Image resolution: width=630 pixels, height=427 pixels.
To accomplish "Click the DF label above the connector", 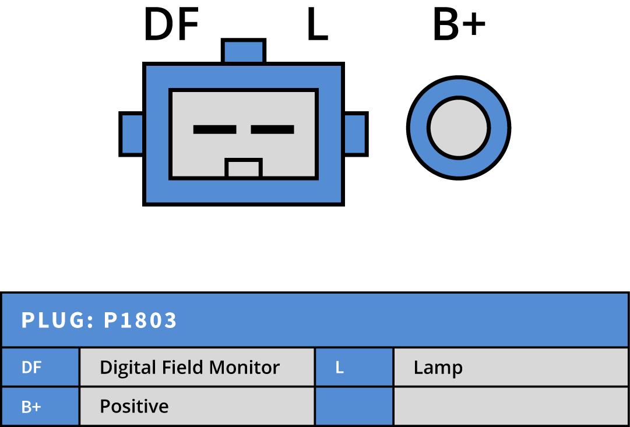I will click(x=171, y=26).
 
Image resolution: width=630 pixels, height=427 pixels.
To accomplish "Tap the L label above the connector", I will click(x=317, y=26).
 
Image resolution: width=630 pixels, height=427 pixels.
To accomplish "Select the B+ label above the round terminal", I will click(x=459, y=26).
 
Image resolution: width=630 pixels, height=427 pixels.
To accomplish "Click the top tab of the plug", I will click(x=244, y=51).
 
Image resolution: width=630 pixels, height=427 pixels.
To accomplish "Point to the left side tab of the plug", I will click(x=132, y=134).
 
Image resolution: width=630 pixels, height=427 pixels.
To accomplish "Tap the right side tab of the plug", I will click(x=356, y=134).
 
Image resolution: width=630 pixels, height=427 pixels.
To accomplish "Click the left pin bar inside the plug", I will click(x=214, y=129).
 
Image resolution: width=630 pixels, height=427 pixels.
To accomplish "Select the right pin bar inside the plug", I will click(x=272, y=129).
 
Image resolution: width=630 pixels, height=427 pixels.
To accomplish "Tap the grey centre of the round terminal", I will click(x=458, y=128).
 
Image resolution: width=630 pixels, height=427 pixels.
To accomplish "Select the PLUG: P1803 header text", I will click(x=99, y=320).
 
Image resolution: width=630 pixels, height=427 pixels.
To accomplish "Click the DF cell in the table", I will click(x=31, y=368).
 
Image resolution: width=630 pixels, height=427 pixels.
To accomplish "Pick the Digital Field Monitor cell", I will click(x=189, y=368).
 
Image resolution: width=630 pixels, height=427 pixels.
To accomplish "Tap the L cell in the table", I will click(x=340, y=368).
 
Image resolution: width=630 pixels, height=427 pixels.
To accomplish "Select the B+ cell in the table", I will click(x=31, y=406).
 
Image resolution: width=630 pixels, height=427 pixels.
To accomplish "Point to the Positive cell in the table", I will click(x=134, y=406).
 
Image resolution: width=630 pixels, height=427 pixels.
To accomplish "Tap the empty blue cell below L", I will click(x=354, y=406).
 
